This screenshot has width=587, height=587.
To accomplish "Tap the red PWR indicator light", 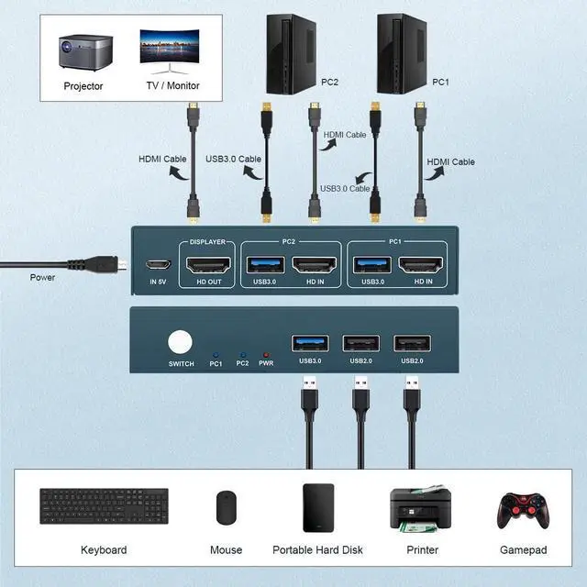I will coord(267,353).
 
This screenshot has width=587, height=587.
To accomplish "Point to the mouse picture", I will coord(226,507).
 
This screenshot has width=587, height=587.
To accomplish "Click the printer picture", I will coord(417,507).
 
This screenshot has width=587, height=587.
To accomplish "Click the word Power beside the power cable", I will coord(42,277).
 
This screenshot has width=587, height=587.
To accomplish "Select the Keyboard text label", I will coord(104,550).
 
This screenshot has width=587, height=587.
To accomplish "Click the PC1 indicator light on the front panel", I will coord(216,353).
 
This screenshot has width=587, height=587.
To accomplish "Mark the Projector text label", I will coord(83,86).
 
